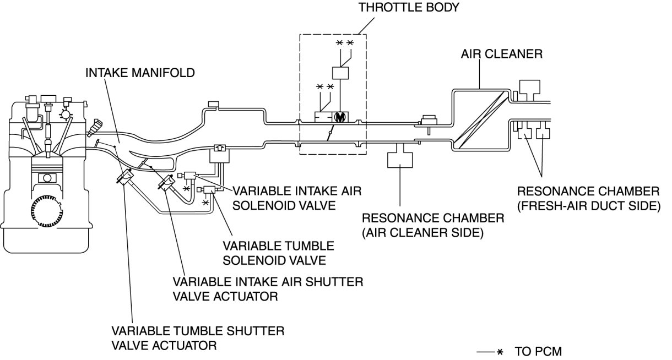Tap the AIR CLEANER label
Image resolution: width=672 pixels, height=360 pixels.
502,54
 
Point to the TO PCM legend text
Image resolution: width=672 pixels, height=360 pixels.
538,351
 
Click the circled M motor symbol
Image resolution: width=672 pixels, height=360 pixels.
340,117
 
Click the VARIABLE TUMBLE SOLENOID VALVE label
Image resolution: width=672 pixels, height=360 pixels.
278,252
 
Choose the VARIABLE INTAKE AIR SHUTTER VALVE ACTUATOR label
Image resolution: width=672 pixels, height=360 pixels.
268,288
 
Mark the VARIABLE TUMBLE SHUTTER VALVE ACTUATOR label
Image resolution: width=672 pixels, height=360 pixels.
198,339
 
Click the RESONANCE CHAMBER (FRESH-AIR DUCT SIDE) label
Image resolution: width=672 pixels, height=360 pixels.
588,198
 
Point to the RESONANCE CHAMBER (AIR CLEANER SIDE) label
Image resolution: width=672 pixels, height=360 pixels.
432,225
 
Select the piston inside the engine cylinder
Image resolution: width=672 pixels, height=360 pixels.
48,179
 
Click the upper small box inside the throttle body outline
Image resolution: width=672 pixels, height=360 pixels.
340,73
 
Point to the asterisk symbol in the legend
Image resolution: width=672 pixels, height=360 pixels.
500,351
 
